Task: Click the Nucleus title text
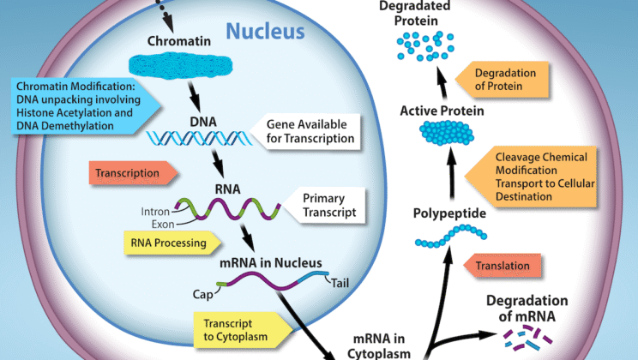pyautogui.click(x=265, y=32)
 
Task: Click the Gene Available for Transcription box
pyautogui.click(x=309, y=130)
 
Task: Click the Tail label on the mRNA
pyautogui.click(x=342, y=284)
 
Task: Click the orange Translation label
pyautogui.click(x=503, y=266)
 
